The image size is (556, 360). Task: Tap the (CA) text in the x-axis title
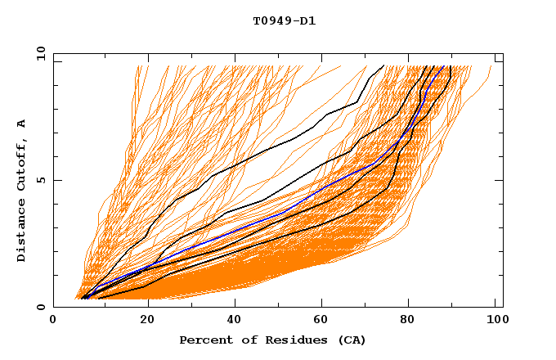coord(351,340)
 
